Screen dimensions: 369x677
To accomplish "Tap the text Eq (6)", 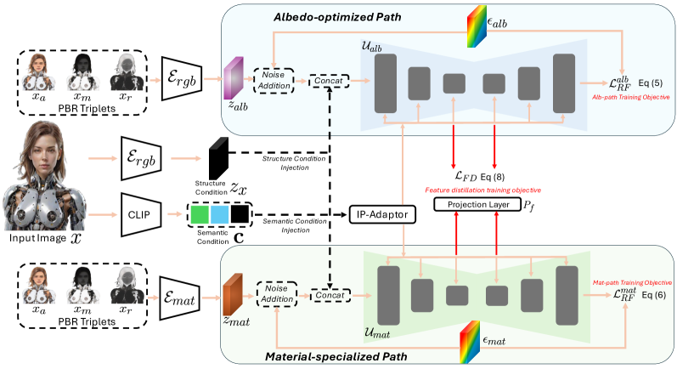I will (651, 294).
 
